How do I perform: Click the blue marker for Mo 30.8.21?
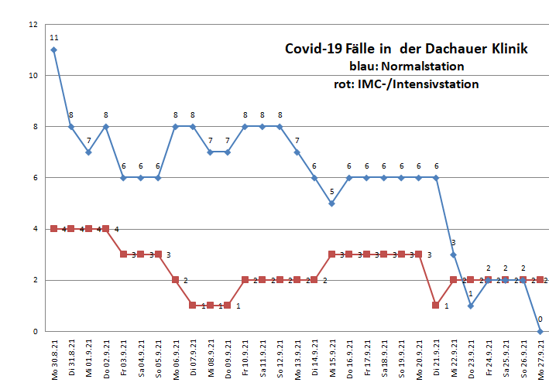pyautogui.click(x=53, y=50)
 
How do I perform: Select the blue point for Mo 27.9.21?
pyautogui.click(x=540, y=331)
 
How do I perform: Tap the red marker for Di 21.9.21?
pyautogui.click(x=436, y=306)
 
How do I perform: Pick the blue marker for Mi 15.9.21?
pyautogui.click(x=331, y=203)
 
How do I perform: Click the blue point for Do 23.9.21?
pyautogui.click(x=471, y=306)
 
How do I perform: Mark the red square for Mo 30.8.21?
pyautogui.click(x=53, y=229)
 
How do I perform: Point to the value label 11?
pyautogui.click(x=53, y=37)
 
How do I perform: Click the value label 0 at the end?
pyautogui.click(x=540, y=319)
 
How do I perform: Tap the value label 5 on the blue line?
pyautogui.click(x=331, y=191)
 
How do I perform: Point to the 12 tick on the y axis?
pyautogui.click(x=33, y=25)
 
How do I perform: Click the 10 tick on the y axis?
pyautogui.click(x=33, y=76)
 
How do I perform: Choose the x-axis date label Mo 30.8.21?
pyautogui.click(x=54, y=360)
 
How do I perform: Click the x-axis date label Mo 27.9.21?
pyautogui.click(x=540, y=360)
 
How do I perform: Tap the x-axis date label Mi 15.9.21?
pyautogui.click(x=332, y=360)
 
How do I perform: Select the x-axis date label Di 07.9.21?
pyautogui.click(x=193, y=360)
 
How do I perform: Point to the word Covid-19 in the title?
pyautogui.click(x=309, y=49)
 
